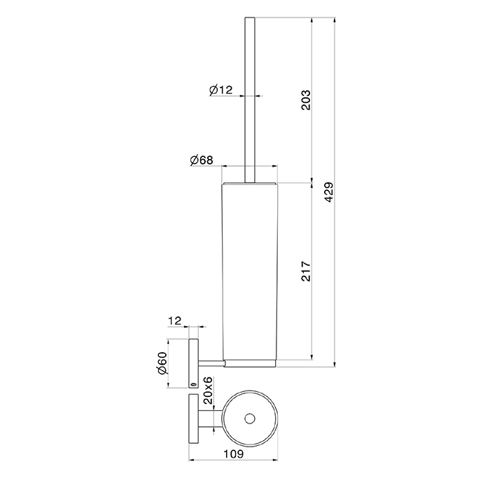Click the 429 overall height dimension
coord(329,192)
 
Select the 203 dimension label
coord(306,100)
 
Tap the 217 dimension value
coord(306,272)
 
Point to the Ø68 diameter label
coord(202,160)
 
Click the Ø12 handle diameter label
coord(221,90)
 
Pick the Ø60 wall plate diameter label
coord(163,363)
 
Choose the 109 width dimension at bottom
coord(233,454)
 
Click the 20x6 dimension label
coord(208,391)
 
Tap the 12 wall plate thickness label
coord(175,321)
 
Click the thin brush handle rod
coord(250,99)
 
